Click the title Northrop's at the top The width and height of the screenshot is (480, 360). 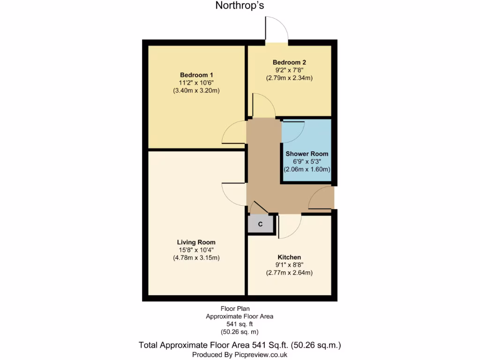pos(240,6)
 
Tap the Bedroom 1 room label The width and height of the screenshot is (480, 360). pos(196,75)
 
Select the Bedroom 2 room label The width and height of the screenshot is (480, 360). pos(289,62)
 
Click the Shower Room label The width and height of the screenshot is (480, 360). pos(307,154)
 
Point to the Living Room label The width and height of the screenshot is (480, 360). pos(196,242)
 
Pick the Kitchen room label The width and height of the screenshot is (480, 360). pos(289,257)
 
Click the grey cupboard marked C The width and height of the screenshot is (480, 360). pos(260,224)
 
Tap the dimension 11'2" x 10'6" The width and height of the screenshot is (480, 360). pos(196,82)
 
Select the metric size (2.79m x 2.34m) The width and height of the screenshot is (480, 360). pos(289,78)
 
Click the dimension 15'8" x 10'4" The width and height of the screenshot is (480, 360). pos(196,250)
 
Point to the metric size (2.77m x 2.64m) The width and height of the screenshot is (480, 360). pos(289,273)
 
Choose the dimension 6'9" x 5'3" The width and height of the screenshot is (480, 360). pos(307,162)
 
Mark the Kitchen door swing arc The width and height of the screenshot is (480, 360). pos(290,226)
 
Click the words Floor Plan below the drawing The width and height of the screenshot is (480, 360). pos(236,309)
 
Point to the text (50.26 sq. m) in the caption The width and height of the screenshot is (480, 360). pos(239,331)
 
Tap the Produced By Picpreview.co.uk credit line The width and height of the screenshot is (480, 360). pos(240,355)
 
